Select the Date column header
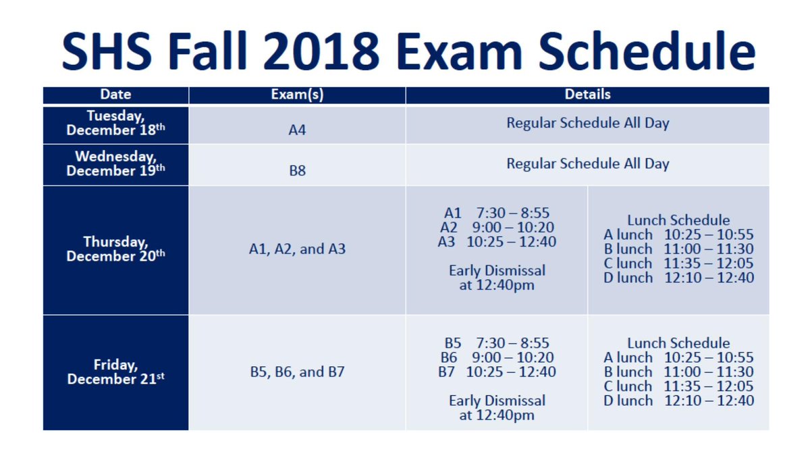(115, 95)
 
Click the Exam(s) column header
(297, 95)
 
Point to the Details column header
(587, 95)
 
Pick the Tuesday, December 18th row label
(115, 124)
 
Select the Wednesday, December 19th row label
(115, 164)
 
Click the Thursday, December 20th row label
(115, 249)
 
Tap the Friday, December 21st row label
(115, 372)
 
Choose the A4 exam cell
(297, 130)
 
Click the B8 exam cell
(297, 171)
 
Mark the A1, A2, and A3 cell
(297, 249)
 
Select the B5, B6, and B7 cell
(297, 372)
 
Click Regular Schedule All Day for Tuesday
(587, 124)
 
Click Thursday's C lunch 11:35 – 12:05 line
(678, 263)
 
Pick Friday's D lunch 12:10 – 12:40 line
(678, 401)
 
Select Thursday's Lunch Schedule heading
(678, 220)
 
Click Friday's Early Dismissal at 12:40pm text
(497, 408)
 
